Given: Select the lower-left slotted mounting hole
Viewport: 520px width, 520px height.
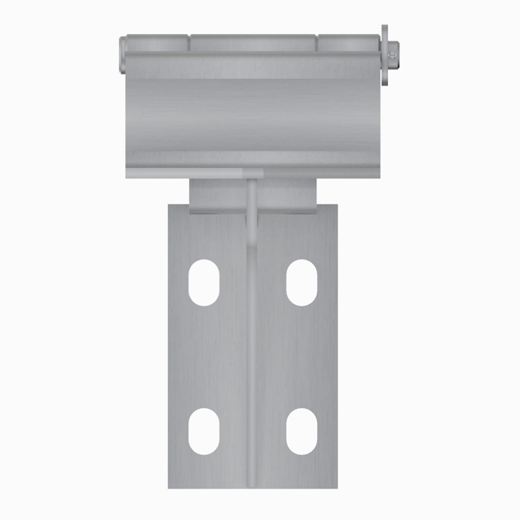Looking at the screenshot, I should tap(204, 431).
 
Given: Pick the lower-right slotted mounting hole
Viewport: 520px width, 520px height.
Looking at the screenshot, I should tap(301, 431).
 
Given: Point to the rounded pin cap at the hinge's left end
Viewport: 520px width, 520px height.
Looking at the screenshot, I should tap(123, 54).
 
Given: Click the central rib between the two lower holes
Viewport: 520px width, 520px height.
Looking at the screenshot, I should tap(252, 431).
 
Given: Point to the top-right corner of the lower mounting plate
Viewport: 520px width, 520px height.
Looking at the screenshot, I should tap(337, 205).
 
